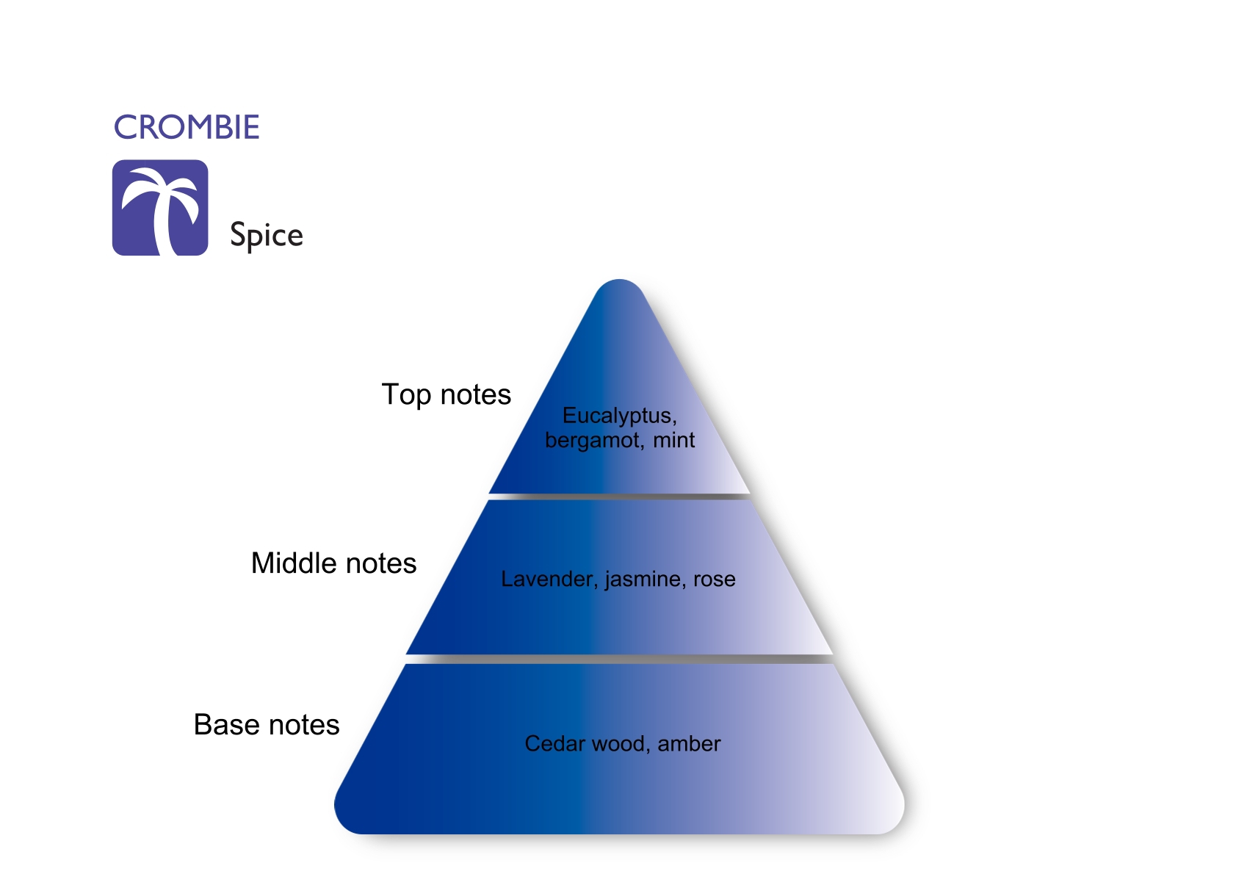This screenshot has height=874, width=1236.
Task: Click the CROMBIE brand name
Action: click(187, 128)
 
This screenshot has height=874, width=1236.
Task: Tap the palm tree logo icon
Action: click(160, 208)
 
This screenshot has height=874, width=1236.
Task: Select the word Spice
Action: click(266, 235)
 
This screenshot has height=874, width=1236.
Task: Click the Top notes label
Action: click(446, 395)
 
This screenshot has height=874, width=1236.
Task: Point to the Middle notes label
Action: click(333, 563)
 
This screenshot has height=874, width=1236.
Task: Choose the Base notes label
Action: click(266, 725)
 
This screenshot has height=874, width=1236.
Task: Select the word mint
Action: click(673, 440)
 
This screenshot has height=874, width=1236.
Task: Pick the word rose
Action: click(714, 579)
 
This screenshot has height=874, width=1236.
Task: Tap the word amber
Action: click(689, 744)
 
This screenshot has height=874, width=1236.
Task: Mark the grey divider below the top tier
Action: click(619, 497)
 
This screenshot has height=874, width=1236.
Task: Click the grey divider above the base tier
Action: click(619, 659)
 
